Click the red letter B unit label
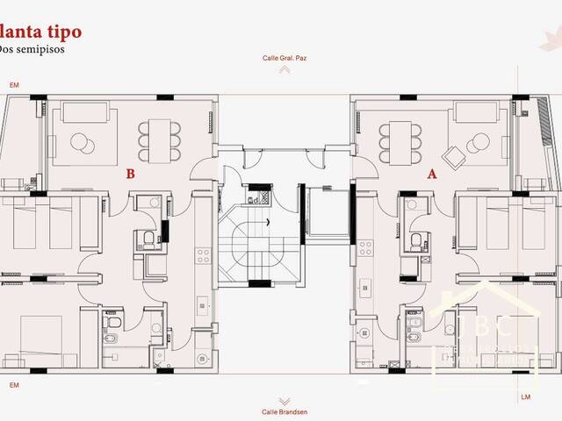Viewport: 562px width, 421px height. [x=130, y=174]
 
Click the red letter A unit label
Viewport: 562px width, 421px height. [x=432, y=174]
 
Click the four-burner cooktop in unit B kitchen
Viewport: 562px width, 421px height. [x=202, y=255]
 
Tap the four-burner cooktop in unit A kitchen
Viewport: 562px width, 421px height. [x=359, y=255]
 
